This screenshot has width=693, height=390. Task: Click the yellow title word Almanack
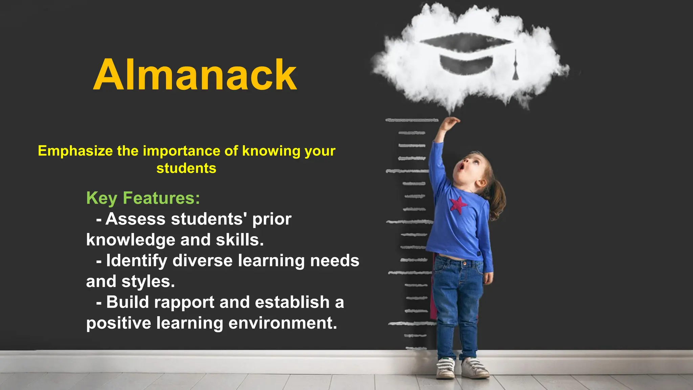195,75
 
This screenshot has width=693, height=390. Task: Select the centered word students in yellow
186,168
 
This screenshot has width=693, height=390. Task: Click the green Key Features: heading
143,198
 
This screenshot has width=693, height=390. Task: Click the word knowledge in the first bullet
130,240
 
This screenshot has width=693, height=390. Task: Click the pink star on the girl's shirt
458,204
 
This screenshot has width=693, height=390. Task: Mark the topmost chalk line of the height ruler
411,120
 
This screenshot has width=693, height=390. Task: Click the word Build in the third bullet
128,302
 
